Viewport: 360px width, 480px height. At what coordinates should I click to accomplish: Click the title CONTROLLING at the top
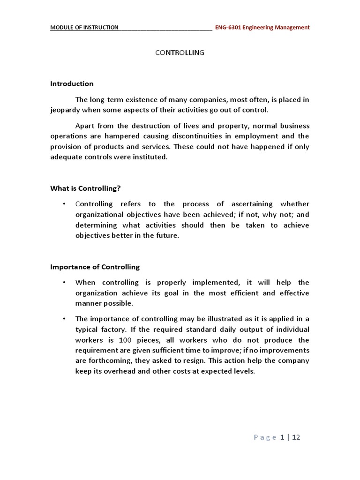tap(180, 53)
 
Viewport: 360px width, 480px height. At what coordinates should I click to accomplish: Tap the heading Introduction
tap(72, 84)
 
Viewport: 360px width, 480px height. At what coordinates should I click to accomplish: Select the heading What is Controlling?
tap(85, 188)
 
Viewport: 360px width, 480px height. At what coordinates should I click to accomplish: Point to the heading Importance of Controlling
tap(95, 267)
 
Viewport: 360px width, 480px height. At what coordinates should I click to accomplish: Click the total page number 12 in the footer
tap(296, 437)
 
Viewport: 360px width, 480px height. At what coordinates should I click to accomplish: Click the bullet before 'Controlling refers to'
tap(63, 204)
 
